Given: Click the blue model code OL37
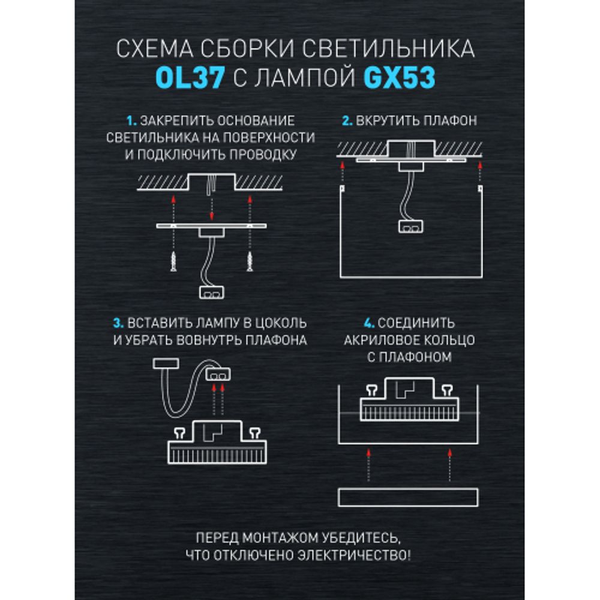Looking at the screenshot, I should (x=190, y=79).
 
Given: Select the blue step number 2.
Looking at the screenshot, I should (x=346, y=121).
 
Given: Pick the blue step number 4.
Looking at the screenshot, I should (x=349, y=323).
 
